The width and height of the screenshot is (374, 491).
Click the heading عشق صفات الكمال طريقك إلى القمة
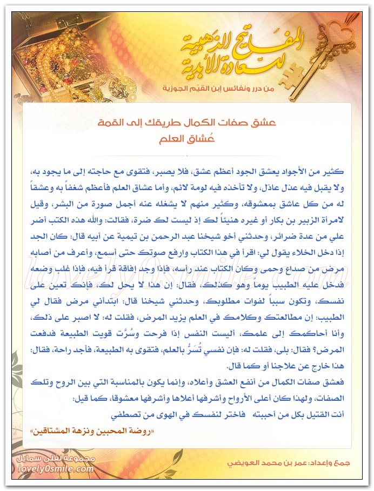coord(186,123)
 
